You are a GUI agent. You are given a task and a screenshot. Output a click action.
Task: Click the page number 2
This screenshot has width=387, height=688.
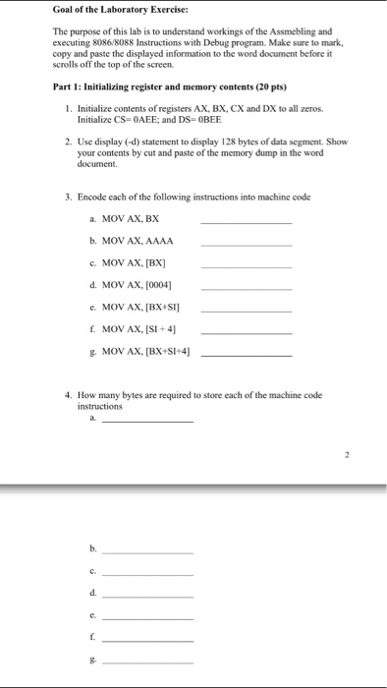pyautogui.click(x=347, y=455)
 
